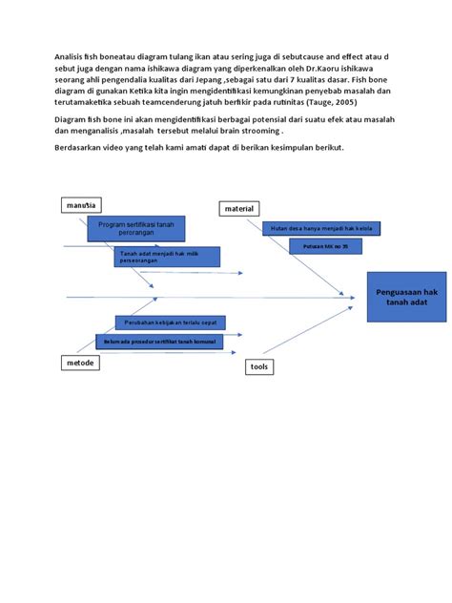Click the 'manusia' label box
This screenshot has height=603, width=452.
click(x=81, y=205)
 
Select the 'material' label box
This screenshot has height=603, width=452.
click(x=240, y=208)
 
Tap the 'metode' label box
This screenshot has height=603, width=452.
click(x=81, y=364)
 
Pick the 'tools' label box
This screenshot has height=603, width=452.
click(x=259, y=366)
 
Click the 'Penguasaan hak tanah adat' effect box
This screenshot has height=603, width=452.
click(x=405, y=296)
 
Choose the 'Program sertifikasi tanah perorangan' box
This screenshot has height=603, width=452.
click(x=136, y=228)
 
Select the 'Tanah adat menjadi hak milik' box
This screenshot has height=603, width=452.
click(x=167, y=257)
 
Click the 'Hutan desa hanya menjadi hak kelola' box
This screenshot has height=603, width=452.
click(x=321, y=228)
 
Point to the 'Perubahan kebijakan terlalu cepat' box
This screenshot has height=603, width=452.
click(x=171, y=322)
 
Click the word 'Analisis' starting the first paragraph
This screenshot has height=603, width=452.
click(x=69, y=57)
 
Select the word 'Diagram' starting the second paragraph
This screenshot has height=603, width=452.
click(x=72, y=118)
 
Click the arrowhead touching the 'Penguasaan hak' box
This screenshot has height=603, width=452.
click(x=361, y=297)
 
